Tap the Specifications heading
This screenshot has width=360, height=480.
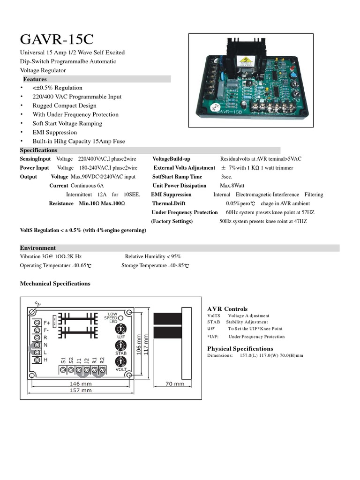[38, 150]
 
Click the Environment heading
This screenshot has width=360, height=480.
[37, 247]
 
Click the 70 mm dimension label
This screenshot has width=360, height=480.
[175, 384]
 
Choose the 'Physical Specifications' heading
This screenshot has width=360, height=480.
[240, 348]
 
